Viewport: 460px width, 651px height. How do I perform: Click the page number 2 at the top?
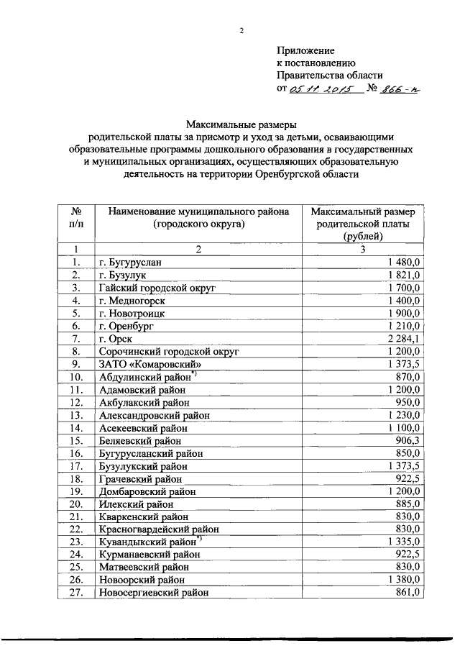click(x=241, y=30)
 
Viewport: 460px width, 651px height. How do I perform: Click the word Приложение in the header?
click(x=305, y=50)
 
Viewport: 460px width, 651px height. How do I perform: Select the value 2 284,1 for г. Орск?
click(x=407, y=338)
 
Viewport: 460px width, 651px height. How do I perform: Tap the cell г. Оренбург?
click(x=126, y=325)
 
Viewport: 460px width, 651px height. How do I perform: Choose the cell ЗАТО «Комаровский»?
click(x=141, y=363)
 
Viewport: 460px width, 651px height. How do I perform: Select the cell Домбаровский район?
click(x=147, y=491)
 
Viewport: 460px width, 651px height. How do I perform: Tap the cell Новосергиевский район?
click(x=154, y=593)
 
